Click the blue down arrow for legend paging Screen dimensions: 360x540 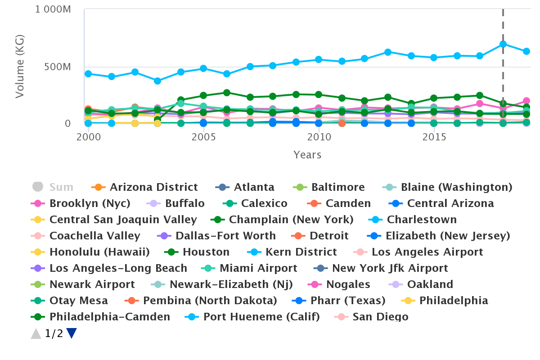point(72,333)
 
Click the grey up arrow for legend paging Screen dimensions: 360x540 point(36,333)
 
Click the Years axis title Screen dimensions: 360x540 point(307,155)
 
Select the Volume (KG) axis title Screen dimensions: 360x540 point(20,66)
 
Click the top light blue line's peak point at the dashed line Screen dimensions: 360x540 point(503,44)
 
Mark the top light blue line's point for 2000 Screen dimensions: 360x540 point(89,74)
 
